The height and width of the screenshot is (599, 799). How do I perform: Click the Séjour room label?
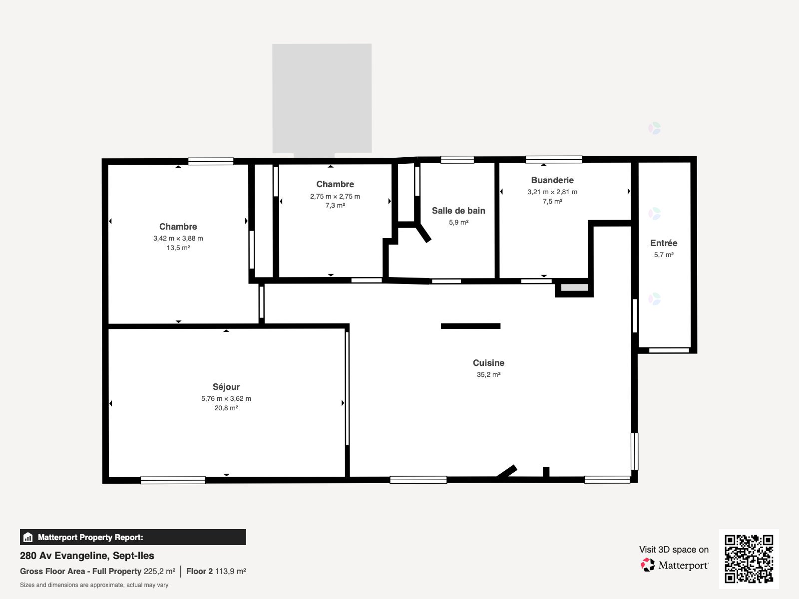226,387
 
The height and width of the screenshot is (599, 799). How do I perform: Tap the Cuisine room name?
488,362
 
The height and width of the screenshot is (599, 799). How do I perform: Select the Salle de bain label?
458,211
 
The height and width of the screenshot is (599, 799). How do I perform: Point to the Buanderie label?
552,180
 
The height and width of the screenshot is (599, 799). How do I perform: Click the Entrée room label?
664,243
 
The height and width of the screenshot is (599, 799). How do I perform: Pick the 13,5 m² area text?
178,248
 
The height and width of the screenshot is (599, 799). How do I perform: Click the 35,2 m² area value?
488,374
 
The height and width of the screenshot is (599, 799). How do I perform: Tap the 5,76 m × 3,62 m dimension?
226,399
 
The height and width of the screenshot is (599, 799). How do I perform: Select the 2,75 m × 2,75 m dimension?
335,196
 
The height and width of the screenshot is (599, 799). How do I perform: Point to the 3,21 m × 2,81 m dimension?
552,192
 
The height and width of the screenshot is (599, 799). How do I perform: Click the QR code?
749,559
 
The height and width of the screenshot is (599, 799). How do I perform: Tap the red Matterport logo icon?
648,565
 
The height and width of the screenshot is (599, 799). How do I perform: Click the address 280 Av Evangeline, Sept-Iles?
87,556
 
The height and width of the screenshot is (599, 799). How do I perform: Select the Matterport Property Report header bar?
133,537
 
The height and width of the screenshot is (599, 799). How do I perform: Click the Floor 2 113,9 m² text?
216,572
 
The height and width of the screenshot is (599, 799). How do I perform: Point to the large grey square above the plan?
322,98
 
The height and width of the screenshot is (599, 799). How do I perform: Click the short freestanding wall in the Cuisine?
470,326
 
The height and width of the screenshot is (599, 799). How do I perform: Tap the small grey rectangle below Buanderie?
574,288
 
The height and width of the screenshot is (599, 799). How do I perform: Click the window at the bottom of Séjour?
173,480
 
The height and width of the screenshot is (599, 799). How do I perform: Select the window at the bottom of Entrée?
669,350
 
